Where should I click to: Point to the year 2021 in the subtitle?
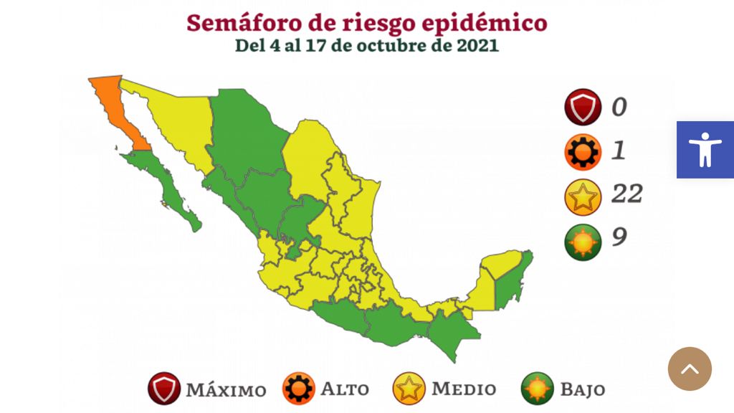click(475, 45)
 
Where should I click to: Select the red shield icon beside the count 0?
click(582, 108)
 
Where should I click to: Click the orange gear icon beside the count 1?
click(582, 151)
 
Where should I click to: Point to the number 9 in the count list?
click(619, 237)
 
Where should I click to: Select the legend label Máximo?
click(226, 391)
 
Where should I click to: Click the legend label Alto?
click(345, 389)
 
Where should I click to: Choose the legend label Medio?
click(464, 389)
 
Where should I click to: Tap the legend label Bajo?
click(582, 390)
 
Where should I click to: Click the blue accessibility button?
click(705, 149)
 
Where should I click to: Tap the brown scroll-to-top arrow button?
click(690, 369)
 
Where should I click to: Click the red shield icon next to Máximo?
click(165, 389)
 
